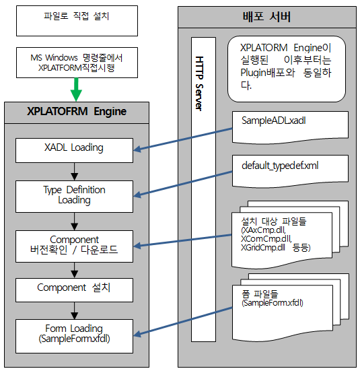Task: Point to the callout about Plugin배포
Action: [287, 66]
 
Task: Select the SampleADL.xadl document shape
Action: [290, 125]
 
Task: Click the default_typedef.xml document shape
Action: [290, 170]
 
